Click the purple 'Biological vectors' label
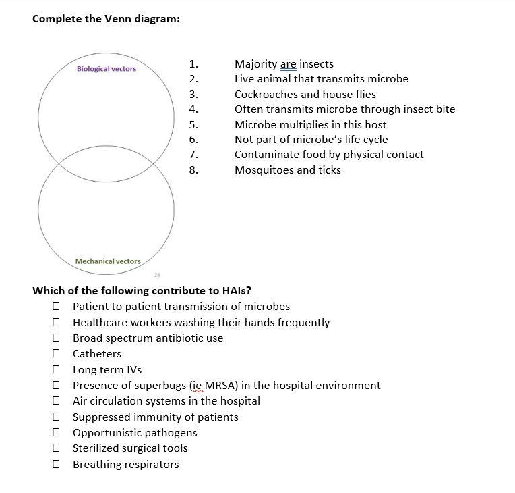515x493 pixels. (107, 69)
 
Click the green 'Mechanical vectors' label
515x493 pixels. (108, 261)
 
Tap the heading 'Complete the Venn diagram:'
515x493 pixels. (106, 19)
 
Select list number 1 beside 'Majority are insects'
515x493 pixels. (193, 64)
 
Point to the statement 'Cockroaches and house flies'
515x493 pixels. (305, 95)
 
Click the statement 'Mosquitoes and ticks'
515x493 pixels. (287, 170)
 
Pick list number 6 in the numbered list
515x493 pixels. (193, 140)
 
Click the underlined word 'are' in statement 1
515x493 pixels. (288, 64)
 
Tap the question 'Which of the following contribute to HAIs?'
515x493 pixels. (142, 291)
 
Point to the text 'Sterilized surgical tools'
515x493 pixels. (130, 448)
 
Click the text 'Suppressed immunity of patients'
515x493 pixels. (155, 417)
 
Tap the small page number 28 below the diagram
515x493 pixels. (156, 274)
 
